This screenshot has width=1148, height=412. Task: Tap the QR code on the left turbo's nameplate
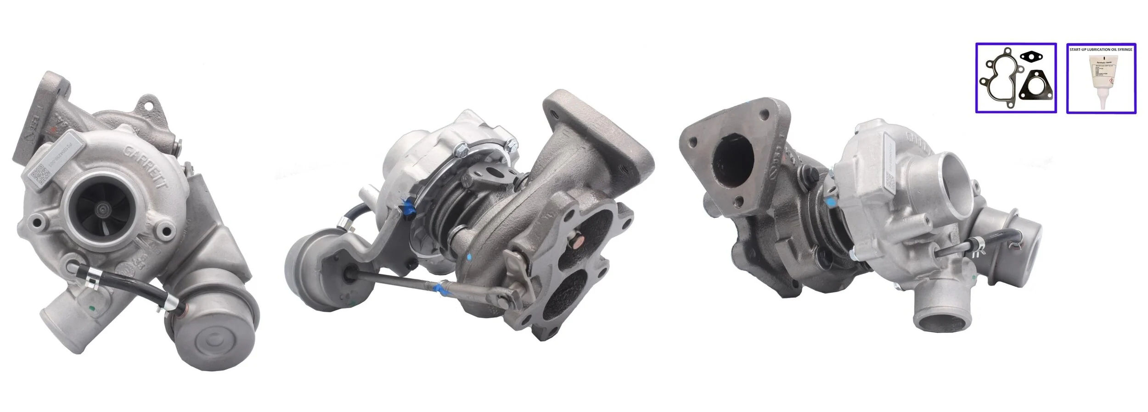pos(39,175)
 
